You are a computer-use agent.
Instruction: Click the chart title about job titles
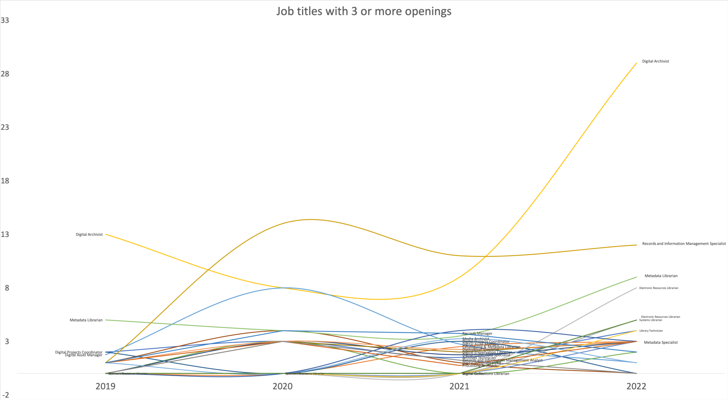coord(364,11)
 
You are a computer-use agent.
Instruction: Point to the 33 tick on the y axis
coord(5,21)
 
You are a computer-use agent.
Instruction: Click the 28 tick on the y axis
coord(5,74)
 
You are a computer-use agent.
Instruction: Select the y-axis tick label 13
coord(5,234)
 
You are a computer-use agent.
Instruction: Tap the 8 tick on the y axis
coord(7,288)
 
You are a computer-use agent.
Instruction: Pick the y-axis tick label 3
coord(7,341)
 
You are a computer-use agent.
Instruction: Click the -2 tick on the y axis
coord(6,395)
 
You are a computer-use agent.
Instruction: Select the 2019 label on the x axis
coord(106,386)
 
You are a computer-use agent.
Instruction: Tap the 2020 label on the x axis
coord(283,386)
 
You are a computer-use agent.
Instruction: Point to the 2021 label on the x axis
coord(460,386)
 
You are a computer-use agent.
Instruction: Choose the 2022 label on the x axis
coord(636,386)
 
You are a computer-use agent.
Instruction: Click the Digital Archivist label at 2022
coord(655,61)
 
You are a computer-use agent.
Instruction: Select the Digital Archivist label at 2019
coord(89,234)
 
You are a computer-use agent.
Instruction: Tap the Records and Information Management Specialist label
coord(684,244)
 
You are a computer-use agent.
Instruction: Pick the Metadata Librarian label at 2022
coord(661,276)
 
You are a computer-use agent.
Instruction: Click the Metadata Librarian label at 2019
coord(86,320)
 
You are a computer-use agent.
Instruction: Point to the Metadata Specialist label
coord(661,342)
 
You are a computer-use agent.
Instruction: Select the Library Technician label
coord(651,331)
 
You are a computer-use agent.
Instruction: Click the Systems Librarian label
coord(651,320)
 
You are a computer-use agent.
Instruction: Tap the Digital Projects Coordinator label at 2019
coord(79,352)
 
